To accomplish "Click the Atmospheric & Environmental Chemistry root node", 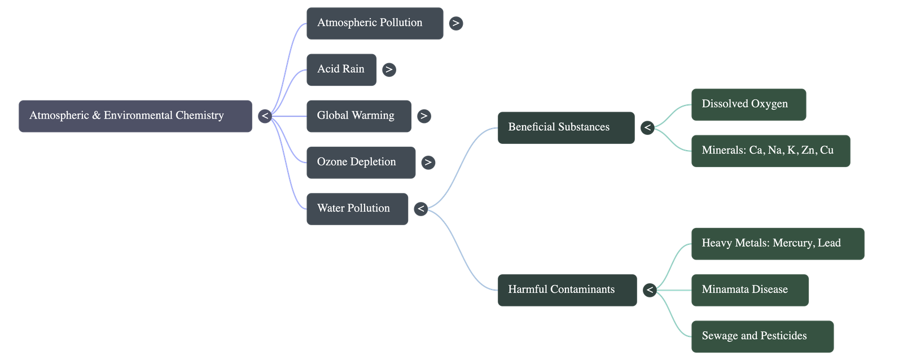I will click(135, 116).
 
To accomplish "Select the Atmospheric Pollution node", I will click(375, 23).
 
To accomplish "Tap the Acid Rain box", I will click(341, 69).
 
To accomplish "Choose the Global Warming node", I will click(358, 116).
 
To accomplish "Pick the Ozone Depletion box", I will click(361, 163).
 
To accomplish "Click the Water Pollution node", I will click(357, 209).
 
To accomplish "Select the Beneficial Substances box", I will click(566, 128).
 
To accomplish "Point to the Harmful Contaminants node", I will click(567, 290).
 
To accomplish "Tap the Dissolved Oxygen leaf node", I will click(748, 104).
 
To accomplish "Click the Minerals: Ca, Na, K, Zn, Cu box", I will click(770, 151).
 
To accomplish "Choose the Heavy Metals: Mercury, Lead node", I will click(777, 244).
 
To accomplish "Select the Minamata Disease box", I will click(749, 290).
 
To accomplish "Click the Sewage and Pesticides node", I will click(762, 336).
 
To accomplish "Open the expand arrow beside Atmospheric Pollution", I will click(455, 24).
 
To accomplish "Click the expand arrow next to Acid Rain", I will click(388, 70).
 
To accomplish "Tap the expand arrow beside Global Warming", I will click(423, 116).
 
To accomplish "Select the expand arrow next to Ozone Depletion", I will click(428, 163).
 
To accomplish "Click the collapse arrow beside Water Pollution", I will click(420, 209).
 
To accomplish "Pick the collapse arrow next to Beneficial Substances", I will click(647, 128).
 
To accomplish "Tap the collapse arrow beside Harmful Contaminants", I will click(649, 290).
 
